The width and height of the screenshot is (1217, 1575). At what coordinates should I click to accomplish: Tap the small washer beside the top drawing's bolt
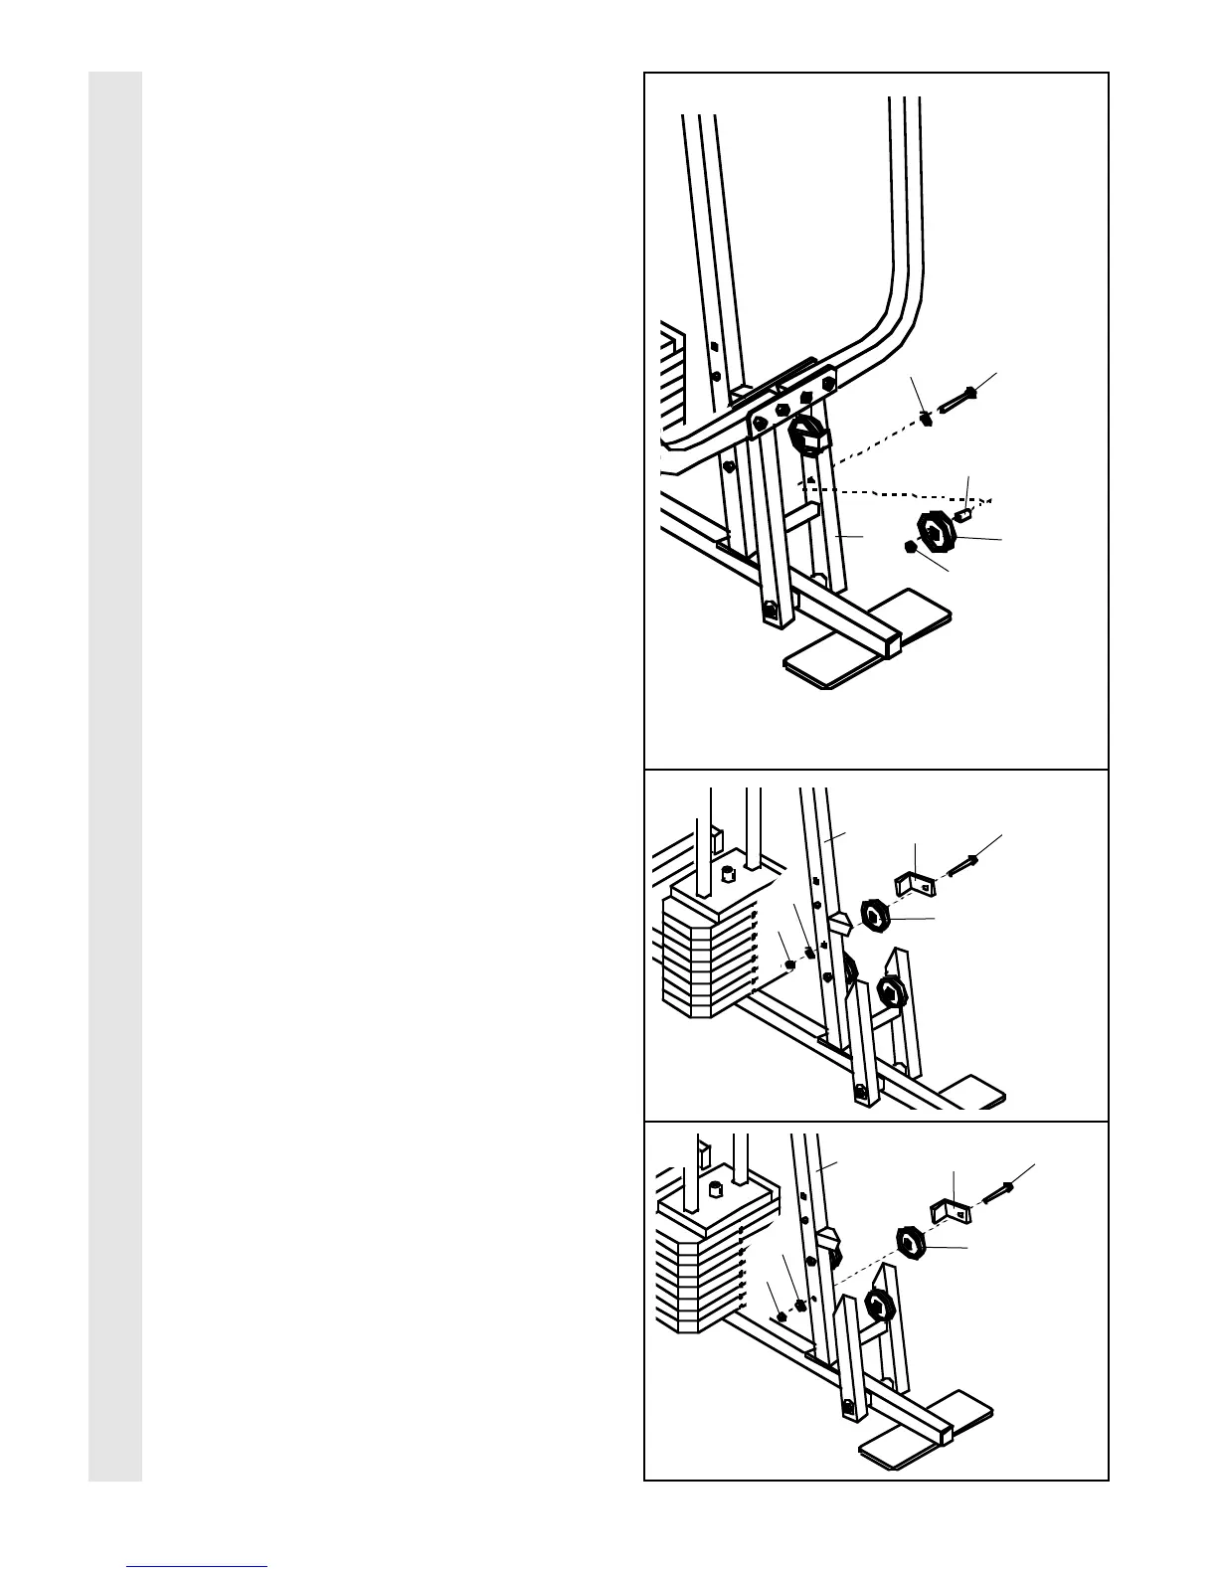(x=926, y=419)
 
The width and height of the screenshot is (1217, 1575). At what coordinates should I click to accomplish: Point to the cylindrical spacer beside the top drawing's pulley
(x=963, y=513)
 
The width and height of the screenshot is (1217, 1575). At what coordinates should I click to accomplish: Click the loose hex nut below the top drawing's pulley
(x=909, y=547)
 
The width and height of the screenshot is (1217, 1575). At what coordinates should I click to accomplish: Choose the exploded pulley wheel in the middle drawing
(x=874, y=916)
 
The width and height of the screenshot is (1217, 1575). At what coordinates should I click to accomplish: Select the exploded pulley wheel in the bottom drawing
(x=910, y=1242)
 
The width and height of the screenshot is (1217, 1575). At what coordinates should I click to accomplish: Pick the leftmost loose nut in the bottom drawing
(x=781, y=1316)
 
